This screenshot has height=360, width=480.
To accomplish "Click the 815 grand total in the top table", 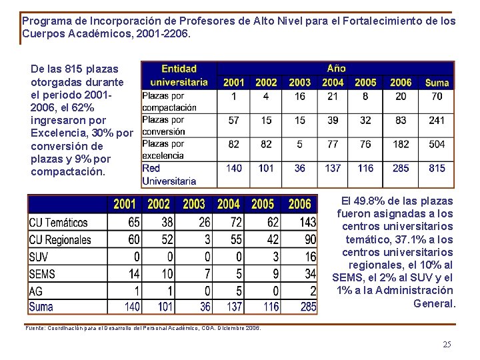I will (437, 168).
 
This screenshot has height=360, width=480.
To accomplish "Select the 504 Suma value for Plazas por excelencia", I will (437, 145).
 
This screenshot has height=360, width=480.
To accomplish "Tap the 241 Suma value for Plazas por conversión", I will (437, 121).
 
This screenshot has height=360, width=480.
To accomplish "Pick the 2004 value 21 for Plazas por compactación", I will (333, 97).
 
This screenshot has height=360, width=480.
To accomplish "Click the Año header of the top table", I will (336, 68).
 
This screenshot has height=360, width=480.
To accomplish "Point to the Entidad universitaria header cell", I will (179, 75).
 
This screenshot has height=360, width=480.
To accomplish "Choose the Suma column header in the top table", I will (437, 83).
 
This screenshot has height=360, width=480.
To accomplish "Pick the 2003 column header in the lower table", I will (193, 204).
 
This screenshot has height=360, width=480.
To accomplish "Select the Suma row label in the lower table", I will (41, 307).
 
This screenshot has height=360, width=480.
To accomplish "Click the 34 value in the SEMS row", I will (311, 274).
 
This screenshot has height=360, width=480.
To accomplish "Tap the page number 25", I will (447, 344).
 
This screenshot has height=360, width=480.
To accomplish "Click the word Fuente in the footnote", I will (34, 328).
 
